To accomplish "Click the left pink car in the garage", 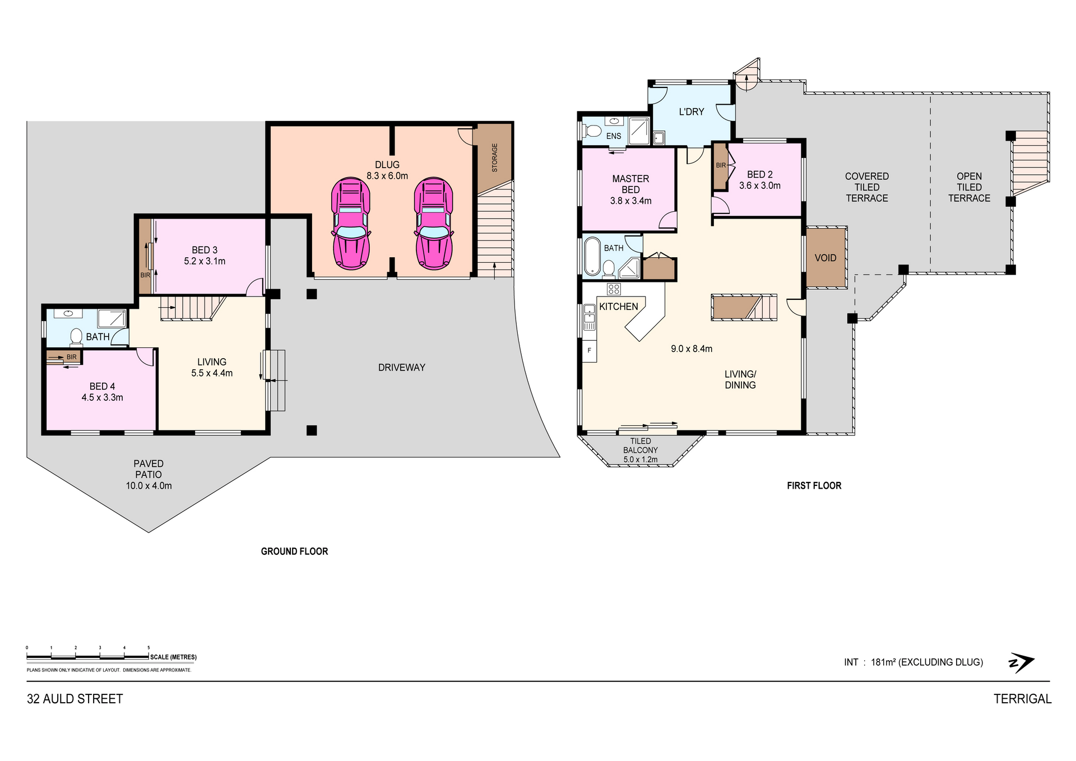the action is click(351, 223).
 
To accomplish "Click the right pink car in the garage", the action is click(434, 223).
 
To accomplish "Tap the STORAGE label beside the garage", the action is click(494, 158).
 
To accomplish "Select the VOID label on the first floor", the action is click(825, 258).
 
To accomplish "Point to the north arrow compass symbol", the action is click(1021, 662).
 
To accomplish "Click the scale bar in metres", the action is click(88, 656).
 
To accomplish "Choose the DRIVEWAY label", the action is click(402, 368).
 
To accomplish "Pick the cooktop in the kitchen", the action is click(614, 289).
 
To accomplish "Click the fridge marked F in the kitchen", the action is click(590, 350).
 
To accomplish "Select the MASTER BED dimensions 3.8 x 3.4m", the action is click(631, 201).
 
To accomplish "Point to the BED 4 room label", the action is click(102, 386).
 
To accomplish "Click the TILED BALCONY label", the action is click(641, 446).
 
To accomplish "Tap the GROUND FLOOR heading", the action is click(294, 551).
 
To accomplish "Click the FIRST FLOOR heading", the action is click(814, 486).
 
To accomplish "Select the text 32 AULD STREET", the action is click(75, 699).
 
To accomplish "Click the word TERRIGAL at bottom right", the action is click(1023, 699).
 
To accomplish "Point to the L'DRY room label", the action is click(692, 112).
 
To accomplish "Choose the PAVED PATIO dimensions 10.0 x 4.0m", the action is click(149, 486).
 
